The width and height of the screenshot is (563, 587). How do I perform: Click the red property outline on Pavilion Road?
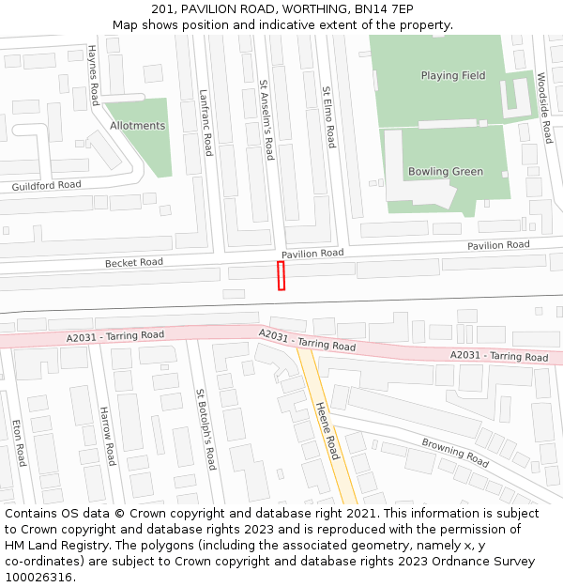tap(281, 276)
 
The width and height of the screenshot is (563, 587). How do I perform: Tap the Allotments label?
tap(137, 126)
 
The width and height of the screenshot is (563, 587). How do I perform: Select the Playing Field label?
tap(453, 76)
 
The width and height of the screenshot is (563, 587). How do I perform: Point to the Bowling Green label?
tap(446, 172)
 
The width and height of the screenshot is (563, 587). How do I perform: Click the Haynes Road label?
tap(94, 74)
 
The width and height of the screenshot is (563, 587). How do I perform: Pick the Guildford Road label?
tap(46, 186)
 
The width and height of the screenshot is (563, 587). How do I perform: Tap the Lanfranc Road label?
tap(205, 123)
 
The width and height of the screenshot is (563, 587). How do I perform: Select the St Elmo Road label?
tap(328, 117)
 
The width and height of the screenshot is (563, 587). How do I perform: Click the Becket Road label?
tap(133, 263)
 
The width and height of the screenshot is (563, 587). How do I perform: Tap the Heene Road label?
tap(326, 431)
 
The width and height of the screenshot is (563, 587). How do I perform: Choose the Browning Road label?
tap(455, 453)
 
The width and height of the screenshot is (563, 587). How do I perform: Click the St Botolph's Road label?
tap(205, 429)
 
